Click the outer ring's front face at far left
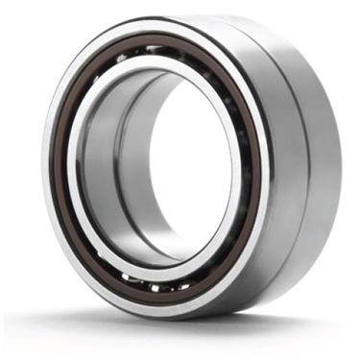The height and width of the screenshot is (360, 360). (48, 173)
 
